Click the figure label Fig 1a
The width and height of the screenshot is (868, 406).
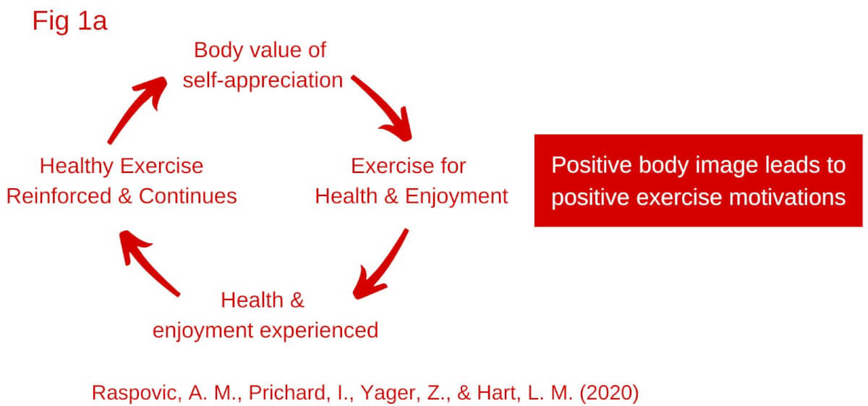pyautogui.click(x=69, y=21)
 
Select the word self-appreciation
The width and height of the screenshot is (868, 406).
pyautogui.click(x=263, y=80)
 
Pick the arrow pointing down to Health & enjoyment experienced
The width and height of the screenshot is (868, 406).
pyautogui.click(x=382, y=264)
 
